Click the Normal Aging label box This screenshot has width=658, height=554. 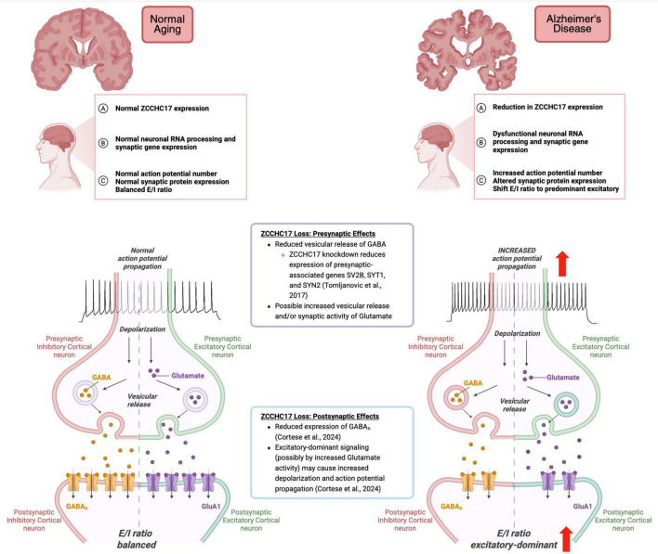pyautogui.click(x=167, y=24)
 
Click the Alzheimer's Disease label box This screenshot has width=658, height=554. pyautogui.click(x=572, y=24)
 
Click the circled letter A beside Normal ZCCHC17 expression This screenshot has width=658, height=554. pyautogui.click(x=103, y=109)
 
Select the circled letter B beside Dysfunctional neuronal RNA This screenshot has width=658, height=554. pyautogui.click(x=481, y=142)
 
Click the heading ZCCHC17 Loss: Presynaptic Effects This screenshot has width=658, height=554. pyautogui.click(x=318, y=234)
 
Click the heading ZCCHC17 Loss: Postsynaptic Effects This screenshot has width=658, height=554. pyautogui.click(x=320, y=416)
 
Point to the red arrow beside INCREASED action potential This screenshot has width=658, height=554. pyautogui.click(x=562, y=264)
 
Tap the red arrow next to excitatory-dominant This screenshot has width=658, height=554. pyautogui.click(x=567, y=538)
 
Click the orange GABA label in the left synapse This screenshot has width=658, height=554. pyautogui.click(x=101, y=378)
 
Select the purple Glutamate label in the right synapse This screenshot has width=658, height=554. pyautogui.click(x=563, y=378)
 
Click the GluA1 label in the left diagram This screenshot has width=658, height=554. pyautogui.click(x=211, y=507)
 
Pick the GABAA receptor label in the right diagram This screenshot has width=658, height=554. pyautogui.click(x=452, y=507)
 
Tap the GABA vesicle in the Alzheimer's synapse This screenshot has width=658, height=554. pyautogui.click(x=456, y=397)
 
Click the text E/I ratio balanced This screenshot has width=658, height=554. pyautogui.click(x=136, y=539)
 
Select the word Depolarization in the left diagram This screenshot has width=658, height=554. pyautogui.click(x=142, y=329)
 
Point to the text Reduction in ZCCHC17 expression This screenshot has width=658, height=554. pyautogui.click(x=547, y=108)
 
